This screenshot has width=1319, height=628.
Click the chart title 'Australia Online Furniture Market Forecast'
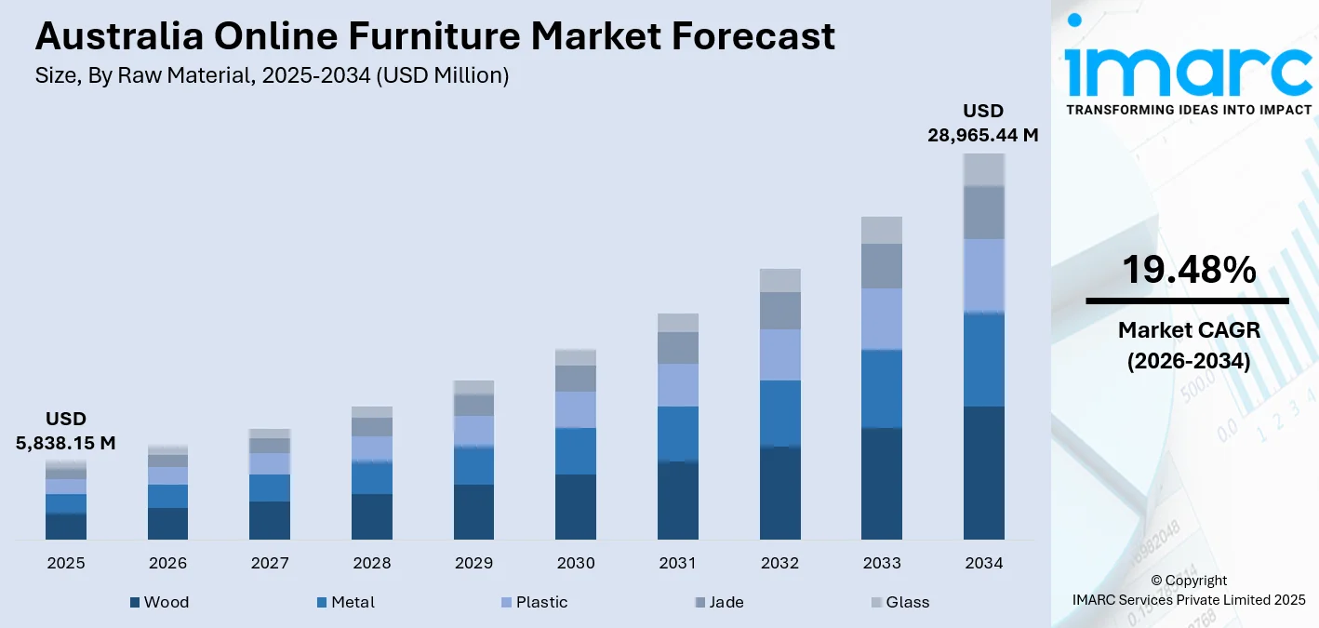(434, 37)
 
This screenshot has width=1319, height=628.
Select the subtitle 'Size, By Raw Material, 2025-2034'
(272, 76)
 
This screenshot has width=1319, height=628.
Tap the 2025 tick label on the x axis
(66, 563)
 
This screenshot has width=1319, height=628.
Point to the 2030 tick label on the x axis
(576, 563)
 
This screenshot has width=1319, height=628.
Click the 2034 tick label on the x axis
(984, 563)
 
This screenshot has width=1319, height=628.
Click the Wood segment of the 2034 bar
(984, 473)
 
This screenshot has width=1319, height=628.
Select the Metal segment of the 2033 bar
(882, 389)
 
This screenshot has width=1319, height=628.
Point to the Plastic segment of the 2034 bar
(984, 275)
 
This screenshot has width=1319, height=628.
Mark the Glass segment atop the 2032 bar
(779, 280)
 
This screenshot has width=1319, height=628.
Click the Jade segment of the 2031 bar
(678, 348)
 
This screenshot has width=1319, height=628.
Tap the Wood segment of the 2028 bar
(371, 516)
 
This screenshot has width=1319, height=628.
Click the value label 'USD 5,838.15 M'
(66, 431)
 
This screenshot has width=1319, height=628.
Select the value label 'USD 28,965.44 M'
(982, 123)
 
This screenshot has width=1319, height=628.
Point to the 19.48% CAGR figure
(1188, 270)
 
